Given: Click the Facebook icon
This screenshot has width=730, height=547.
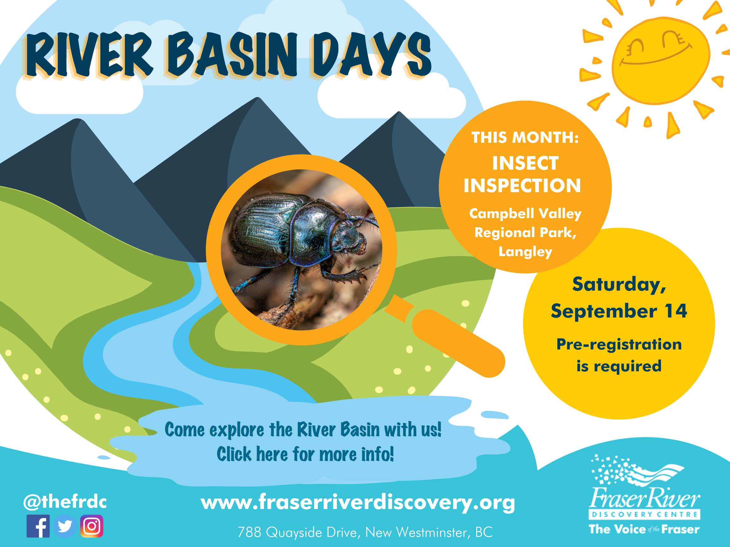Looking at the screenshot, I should pyautogui.click(x=38, y=526).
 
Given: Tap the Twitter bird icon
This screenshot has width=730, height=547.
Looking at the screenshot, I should pyautogui.click(x=65, y=526).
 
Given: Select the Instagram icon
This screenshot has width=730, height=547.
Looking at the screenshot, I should pyautogui.click(x=92, y=526).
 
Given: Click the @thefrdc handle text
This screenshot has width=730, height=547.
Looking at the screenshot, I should pyautogui.click(x=65, y=502).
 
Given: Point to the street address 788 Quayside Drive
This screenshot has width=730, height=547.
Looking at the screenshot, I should pyautogui.click(x=365, y=532).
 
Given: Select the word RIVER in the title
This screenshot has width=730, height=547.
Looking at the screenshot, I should pyautogui.click(x=89, y=54).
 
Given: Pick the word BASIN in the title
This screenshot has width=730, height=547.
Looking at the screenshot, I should pyautogui.click(x=233, y=54).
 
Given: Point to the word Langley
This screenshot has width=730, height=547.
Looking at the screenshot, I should pyautogui.click(x=525, y=252).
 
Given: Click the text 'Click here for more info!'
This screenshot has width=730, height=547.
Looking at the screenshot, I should pyautogui.click(x=305, y=454).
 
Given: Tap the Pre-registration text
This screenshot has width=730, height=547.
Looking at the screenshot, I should pyautogui.click(x=619, y=344).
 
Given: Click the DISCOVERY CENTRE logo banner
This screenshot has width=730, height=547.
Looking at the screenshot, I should pyautogui.click(x=644, y=514).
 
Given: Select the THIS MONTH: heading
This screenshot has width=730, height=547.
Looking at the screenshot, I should pyautogui.click(x=525, y=137).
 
